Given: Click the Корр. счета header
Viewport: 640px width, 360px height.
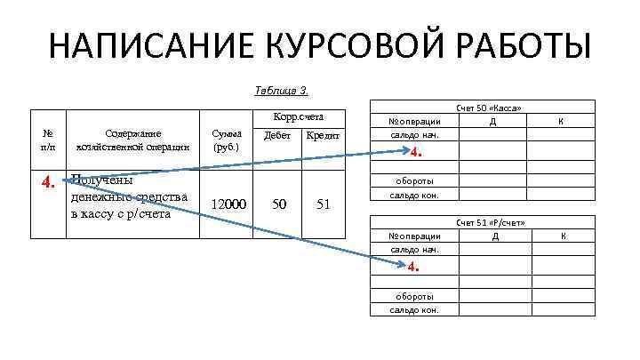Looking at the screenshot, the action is tap(296, 116).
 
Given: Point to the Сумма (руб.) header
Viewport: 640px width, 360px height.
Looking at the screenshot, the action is tap(225, 140).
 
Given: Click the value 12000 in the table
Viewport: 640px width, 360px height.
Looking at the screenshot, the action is tap(228, 204).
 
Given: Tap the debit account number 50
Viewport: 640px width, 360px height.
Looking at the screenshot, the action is tap(279, 204).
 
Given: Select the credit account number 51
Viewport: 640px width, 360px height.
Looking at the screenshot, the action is tap(323, 204).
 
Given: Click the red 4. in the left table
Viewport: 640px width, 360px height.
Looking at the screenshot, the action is tap(50, 182).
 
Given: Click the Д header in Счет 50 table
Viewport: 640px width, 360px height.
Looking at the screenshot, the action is tap(492, 120).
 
